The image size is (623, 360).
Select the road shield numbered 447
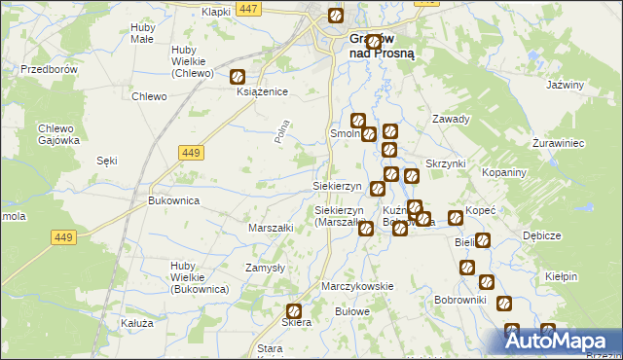(248, 9)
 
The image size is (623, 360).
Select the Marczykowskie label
(357, 286)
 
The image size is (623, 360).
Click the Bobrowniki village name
(459, 300)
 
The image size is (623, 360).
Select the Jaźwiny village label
(565, 85)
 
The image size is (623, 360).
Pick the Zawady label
(451, 120)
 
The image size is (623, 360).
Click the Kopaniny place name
(504, 171)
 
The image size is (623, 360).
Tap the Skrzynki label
(446, 163)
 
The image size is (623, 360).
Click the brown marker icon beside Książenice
(237, 76)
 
